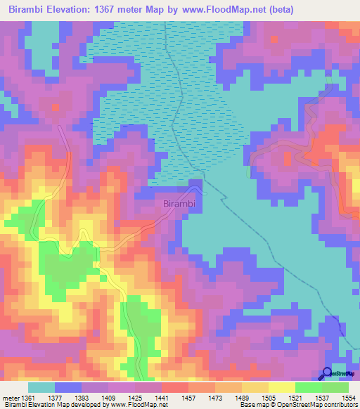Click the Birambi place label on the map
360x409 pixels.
[x=179, y=204]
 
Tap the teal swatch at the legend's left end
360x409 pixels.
[x=41, y=387]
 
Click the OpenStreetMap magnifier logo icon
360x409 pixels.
[x=328, y=374]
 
